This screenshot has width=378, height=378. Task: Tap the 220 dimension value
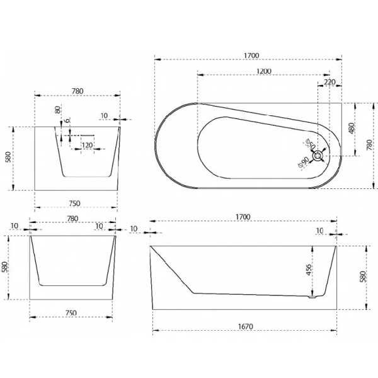pos(329,82)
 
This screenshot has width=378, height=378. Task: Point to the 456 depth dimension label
pos(308,270)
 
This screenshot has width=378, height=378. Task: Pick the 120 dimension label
pos(87,146)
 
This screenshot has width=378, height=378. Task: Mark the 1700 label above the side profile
pos(243,217)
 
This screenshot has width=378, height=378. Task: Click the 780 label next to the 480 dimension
pos(369,145)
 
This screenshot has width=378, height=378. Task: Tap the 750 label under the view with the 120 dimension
pos(75,203)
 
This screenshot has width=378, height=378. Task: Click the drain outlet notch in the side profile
pos(310,297)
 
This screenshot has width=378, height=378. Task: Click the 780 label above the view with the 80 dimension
pos(77,91)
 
